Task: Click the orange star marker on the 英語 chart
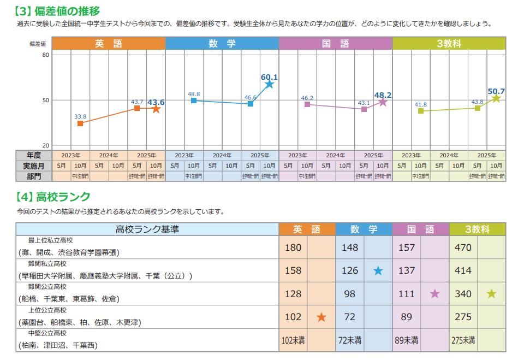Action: (x=156, y=109)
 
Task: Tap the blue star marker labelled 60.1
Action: (x=270, y=84)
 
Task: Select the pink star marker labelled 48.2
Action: (x=383, y=102)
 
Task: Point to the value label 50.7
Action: (x=496, y=91)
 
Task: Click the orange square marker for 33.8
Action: (x=80, y=123)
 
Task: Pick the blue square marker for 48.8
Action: (x=194, y=101)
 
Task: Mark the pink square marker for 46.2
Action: (x=307, y=104)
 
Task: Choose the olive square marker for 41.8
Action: (x=421, y=111)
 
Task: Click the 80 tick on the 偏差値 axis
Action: (x=45, y=55)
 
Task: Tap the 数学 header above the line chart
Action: (x=222, y=44)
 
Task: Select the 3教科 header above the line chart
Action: (x=449, y=44)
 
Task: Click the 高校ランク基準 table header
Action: (x=147, y=229)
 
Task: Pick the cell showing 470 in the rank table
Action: (x=463, y=247)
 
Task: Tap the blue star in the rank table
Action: (x=378, y=270)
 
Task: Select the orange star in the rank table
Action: (x=321, y=317)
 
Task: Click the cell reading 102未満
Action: (x=293, y=340)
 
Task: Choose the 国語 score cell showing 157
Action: (x=407, y=247)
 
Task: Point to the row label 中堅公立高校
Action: (x=47, y=333)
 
